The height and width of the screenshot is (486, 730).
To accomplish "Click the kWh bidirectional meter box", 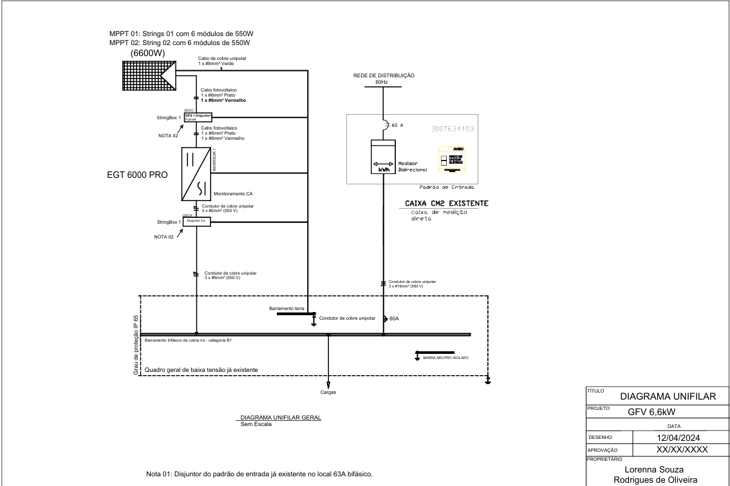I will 383,158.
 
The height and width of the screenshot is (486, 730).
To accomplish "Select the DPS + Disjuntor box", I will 198,117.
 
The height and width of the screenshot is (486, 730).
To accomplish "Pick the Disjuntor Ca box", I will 197,220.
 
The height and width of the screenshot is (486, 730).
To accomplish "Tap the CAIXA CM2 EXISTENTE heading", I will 446,204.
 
